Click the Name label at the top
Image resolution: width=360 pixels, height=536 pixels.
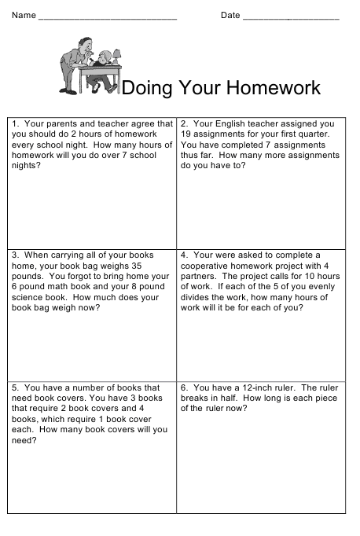coord(24,16)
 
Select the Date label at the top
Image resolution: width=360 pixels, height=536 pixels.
coord(230,16)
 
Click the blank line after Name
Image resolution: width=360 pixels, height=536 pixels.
coord(107,17)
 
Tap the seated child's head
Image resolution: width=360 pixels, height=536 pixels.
coord(103,59)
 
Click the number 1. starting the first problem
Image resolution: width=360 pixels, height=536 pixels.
coord(16,123)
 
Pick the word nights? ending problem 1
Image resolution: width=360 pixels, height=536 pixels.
coord(26,166)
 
